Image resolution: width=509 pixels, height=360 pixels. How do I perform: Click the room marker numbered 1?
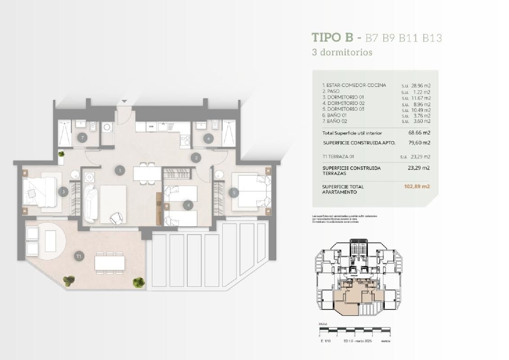point(119,170)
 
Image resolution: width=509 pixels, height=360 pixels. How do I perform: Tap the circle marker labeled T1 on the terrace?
point(79,256)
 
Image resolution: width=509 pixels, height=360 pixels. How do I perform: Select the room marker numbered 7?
point(82,138)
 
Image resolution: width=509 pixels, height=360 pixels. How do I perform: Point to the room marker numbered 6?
point(209,138)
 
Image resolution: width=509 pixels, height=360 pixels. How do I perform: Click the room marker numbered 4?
point(188,205)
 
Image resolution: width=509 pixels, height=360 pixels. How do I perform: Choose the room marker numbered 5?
point(234,193)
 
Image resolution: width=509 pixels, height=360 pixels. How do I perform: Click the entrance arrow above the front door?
point(125,101)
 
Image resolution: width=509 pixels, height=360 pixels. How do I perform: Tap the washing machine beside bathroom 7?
point(107,128)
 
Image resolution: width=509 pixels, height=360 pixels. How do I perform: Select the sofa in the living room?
point(91,203)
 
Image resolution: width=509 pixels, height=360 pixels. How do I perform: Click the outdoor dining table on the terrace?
point(110,263)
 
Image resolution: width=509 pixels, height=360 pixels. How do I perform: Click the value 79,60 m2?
point(419,143)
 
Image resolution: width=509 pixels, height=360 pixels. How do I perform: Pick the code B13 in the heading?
point(432,38)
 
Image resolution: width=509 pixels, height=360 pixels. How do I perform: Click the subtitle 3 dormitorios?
point(342,52)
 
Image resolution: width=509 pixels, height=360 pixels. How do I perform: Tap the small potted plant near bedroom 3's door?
point(61,154)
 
